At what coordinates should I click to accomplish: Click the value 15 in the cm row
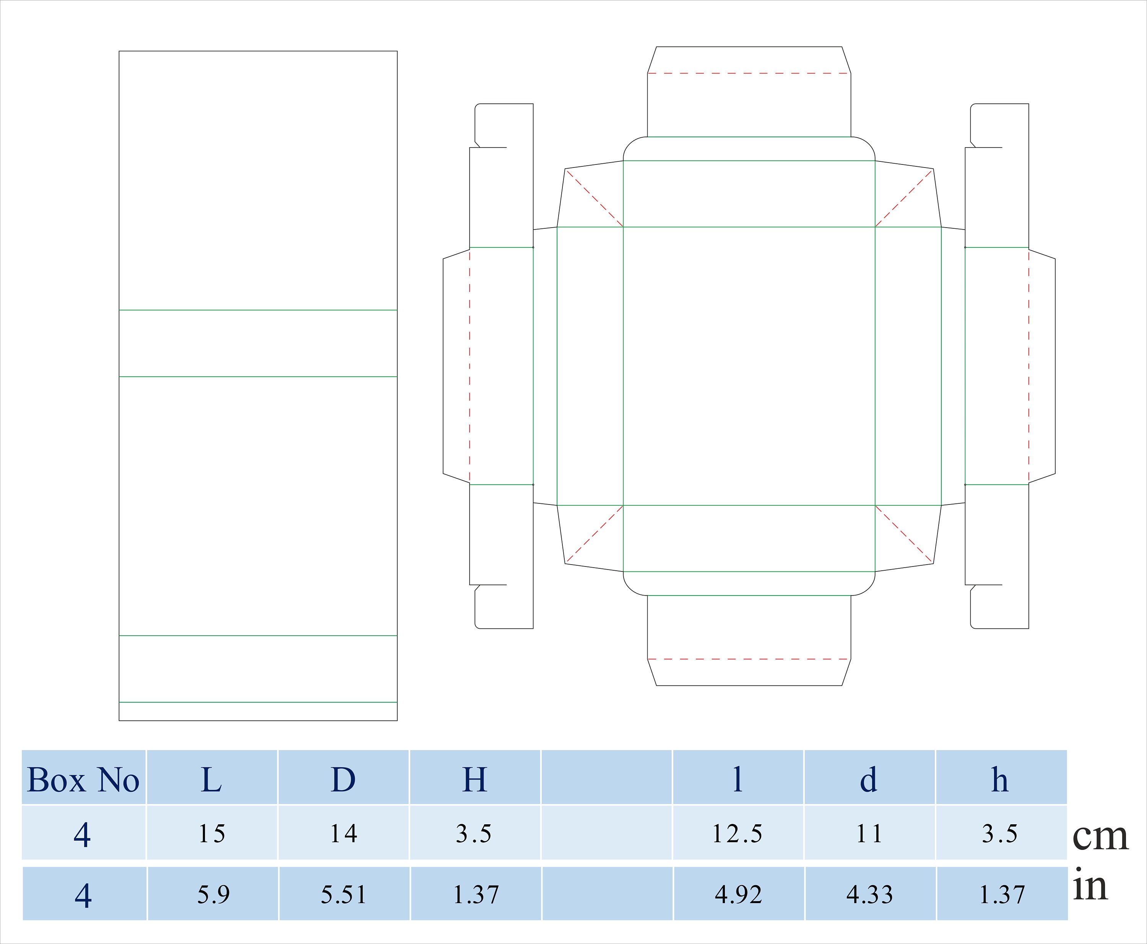click(x=211, y=833)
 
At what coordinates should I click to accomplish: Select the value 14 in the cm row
click(x=343, y=833)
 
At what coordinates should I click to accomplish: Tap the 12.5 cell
click(x=737, y=833)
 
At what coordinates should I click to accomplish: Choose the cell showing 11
click(x=869, y=833)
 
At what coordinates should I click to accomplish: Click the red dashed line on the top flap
click(x=749, y=73)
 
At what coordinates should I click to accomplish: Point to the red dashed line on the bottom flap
click(x=749, y=659)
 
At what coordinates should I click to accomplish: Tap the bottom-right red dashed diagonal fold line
click(x=904, y=534)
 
